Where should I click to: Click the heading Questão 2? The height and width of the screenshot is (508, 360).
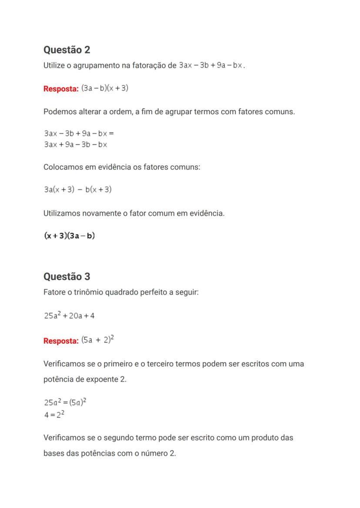coord(67,50)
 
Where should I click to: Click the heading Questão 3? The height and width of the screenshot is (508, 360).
coord(67,277)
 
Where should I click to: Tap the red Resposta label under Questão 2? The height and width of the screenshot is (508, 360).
coord(61,89)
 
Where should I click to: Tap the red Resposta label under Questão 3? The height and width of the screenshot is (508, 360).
coord(61,341)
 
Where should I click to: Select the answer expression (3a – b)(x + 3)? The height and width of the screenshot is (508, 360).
coord(105,88)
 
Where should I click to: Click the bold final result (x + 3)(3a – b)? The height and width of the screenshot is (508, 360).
coord(70,236)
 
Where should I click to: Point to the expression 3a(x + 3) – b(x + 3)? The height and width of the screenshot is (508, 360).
coord(78,189)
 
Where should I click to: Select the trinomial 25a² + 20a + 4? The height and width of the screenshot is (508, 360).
coord(69,315)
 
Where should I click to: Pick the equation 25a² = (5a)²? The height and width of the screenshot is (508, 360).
coord(65,402)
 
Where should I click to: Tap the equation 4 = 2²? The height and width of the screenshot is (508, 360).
coord(54,415)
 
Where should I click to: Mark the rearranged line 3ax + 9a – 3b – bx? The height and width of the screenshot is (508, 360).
coord(75,145)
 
